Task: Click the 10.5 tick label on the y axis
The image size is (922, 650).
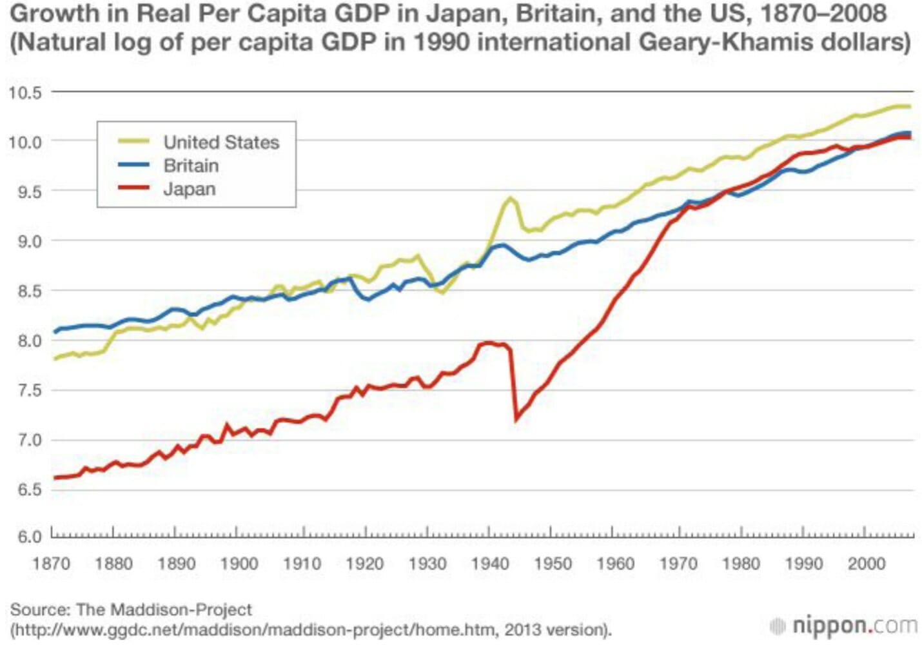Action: click(x=25, y=92)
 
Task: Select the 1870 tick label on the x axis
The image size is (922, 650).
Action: click(x=51, y=564)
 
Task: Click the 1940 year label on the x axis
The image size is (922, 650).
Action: click(x=490, y=564)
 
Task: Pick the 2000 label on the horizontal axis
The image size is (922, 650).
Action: click(x=866, y=564)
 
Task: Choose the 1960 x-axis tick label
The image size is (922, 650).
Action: click(x=615, y=564)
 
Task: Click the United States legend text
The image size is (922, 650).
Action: click(x=221, y=143)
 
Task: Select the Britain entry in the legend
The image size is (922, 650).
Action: click(x=191, y=166)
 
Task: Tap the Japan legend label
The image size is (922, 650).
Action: click(x=190, y=189)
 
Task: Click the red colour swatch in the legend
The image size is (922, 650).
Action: click(x=133, y=188)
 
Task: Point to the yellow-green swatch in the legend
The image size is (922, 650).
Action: click(x=133, y=142)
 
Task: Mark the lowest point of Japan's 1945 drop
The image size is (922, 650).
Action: click(x=516, y=420)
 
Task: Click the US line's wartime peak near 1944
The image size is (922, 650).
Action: click(x=511, y=198)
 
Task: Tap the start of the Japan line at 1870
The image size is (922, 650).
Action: click(x=54, y=478)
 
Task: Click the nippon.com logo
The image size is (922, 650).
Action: click(x=844, y=625)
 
